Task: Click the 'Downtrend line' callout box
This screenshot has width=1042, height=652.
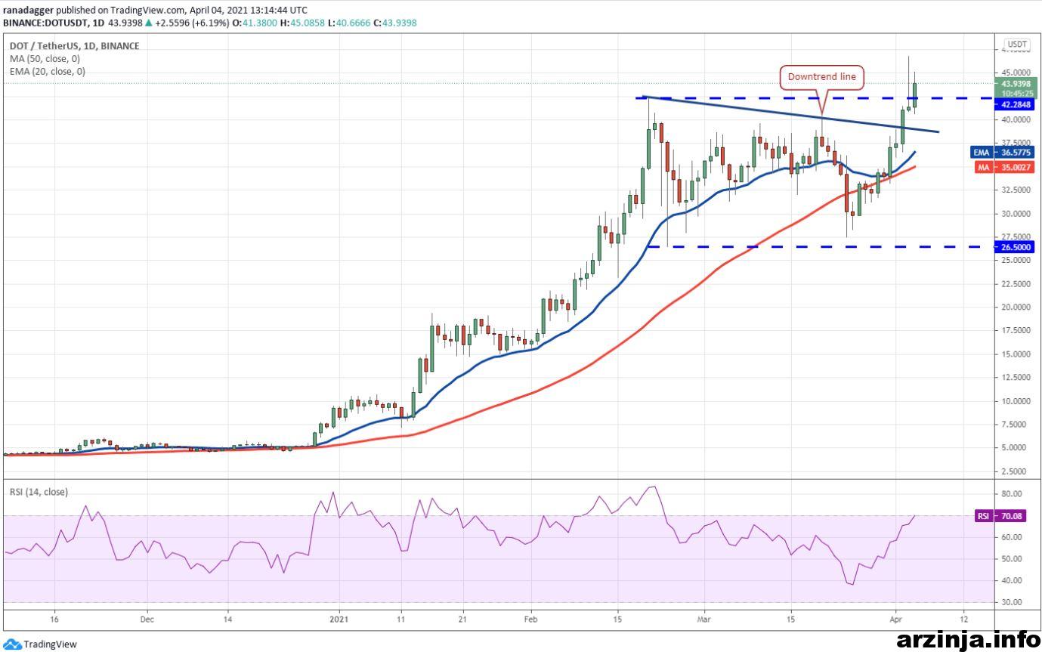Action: [821, 77]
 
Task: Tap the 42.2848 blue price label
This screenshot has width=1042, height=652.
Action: [1015, 104]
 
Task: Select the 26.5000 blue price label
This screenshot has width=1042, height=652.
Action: [1015, 247]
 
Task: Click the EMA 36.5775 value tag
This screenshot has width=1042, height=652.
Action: [1002, 153]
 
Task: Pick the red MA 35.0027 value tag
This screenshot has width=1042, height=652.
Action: [1004, 168]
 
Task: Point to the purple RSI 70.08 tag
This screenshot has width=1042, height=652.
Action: [1000, 516]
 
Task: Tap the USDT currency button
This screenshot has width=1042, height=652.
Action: [1017, 44]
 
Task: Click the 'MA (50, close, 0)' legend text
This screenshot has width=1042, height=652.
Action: [45, 59]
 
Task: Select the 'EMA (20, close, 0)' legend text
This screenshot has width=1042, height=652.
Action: [48, 72]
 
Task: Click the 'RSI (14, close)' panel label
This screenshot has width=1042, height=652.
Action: [39, 492]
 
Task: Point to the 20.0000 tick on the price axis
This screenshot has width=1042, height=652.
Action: [1016, 307]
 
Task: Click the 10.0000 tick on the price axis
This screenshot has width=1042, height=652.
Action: [1016, 401]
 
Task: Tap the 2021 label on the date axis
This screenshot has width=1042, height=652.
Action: [339, 620]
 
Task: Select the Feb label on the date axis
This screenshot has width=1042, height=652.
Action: [530, 620]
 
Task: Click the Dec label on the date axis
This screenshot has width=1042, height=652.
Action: [147, 620]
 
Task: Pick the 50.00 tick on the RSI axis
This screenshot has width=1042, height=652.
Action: [1011, 559]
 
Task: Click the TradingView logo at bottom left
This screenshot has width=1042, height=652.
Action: [40, 644]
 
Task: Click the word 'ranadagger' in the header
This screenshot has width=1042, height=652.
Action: [29, 11]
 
